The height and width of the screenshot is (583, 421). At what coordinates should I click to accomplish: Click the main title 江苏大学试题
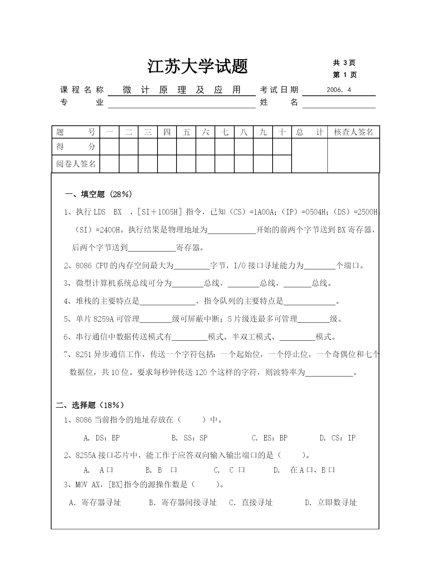click(198, 67)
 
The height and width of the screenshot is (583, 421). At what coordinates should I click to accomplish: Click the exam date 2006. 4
click(338, 90)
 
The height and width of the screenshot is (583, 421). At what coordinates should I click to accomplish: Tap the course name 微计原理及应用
click(182, 90)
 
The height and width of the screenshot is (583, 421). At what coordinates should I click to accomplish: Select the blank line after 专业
click(182, 103)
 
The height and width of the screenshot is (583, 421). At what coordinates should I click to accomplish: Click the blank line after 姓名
click(338, 103)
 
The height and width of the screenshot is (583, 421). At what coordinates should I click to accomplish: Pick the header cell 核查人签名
click(353, 132)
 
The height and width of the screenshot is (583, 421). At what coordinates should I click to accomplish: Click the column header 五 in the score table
click(186, 132)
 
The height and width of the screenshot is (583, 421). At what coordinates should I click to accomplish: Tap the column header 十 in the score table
click(282, 132)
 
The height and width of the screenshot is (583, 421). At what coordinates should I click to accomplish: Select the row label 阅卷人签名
click(76, 164)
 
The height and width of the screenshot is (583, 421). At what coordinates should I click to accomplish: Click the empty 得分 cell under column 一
click(109, 147)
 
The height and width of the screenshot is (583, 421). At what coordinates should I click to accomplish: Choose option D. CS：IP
click(337, 438)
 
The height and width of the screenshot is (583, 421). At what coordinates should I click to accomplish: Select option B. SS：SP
click(189, 438)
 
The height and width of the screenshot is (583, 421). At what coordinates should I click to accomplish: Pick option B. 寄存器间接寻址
click(183, 503)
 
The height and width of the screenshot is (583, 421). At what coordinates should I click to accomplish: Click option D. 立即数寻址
click(331, 503)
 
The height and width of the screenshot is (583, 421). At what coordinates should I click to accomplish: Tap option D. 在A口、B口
click(304, 470)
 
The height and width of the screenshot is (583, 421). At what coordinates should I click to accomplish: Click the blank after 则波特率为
click(329, 372)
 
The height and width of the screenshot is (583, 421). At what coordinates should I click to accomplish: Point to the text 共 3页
click(344, 63)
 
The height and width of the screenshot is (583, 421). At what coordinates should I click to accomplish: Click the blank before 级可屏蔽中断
click(156, 319)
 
